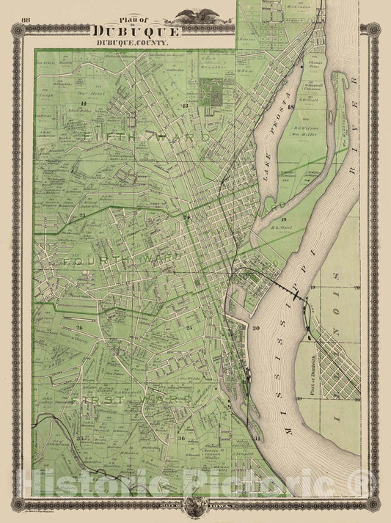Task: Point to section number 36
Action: click(181, 438)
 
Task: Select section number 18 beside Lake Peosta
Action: click(290, 107)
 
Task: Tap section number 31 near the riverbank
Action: click(257, 438)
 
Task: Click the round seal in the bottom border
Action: click(194, 506)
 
